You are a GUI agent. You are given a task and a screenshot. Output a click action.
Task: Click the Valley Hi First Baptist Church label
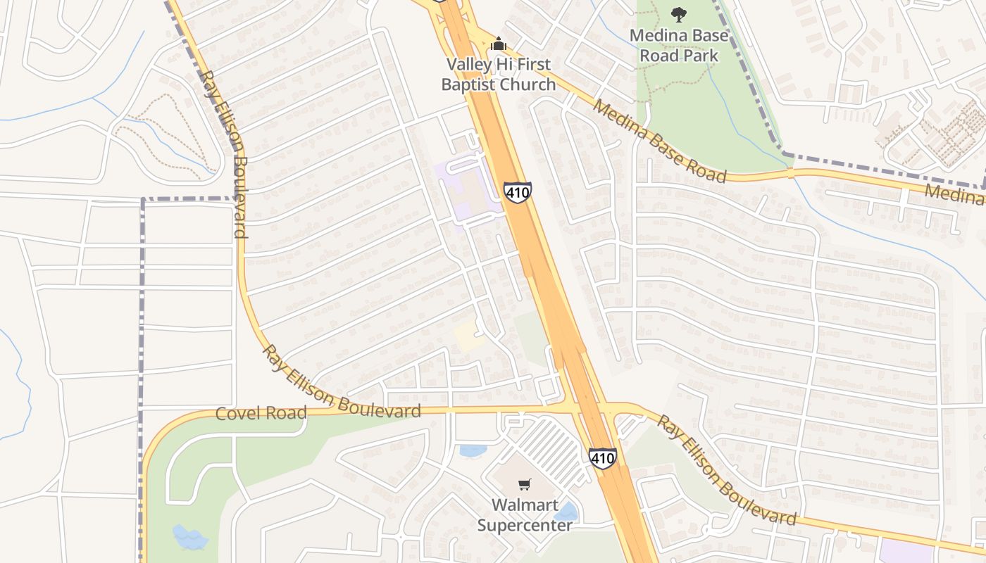pyautogui.click(x=499, y=75)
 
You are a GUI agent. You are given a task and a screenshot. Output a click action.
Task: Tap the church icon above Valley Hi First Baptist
pyautogui.click(x=499, y=44)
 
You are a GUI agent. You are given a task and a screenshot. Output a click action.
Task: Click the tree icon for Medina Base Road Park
pyautogui.click(x=678, y=14)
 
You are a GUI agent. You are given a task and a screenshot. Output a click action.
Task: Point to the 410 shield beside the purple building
pyautogui.click(x=517, y=192)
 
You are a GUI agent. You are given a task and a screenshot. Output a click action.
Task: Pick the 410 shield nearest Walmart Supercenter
pyautogui.click(x=602, y=458)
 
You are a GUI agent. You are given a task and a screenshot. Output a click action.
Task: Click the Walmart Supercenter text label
pyautogui.click(x=525, y=514)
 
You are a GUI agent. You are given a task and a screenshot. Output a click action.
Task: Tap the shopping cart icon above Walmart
pyautogui.click(x=525, y=484)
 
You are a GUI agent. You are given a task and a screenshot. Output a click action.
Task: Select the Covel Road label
pyautogui.click(x=261, y=413)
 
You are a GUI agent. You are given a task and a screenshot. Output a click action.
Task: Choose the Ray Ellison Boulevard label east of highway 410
pyautogui.click(x=726, y=470)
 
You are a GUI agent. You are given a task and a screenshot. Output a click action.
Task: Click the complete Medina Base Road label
pyautogui.click(x=659, y=141)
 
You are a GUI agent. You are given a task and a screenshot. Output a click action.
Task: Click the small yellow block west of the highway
pyautogui.click(x=468, y=336)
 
